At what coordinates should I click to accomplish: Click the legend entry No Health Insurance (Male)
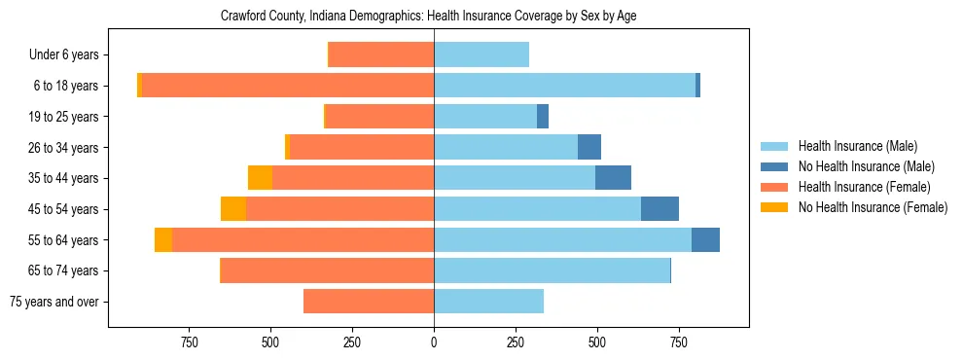point(866,166)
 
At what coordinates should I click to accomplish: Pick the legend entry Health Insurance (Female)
point(865,187)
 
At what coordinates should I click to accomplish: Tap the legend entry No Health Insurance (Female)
point(873,207)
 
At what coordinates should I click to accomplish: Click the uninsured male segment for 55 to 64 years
point(705,240)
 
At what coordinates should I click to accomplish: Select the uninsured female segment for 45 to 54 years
point(233,209)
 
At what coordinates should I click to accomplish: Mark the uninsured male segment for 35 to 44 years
point(613,178)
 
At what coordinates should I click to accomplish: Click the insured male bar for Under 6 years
point(481,55)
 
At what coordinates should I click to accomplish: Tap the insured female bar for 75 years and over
point(369,302)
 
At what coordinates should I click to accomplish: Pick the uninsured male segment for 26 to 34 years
point(589,148)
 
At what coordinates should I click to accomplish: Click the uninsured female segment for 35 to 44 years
point(260,178)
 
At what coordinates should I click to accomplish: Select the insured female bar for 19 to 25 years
point(379,117)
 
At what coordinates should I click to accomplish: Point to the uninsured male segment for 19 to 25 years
point(543,117)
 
